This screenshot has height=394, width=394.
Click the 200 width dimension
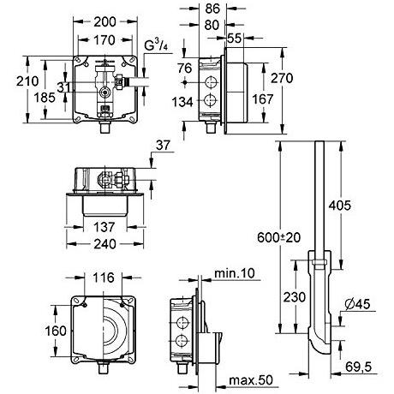[104, 22]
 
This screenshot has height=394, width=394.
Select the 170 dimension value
[104, 40]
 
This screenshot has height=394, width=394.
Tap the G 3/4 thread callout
[156, 45]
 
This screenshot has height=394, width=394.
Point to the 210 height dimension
[27, 81]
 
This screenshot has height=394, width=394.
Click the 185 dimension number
[45, 98]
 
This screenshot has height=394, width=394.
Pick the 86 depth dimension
[212, 9]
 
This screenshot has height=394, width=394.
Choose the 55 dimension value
[235, 39]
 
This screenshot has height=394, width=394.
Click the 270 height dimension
[282, 78]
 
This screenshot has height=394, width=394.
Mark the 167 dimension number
[263, 99]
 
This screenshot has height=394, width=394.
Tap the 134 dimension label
[182, 102]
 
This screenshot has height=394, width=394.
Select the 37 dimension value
[163, 146]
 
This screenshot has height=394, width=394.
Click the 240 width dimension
[104, 244]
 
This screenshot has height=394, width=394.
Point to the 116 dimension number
[104, 278]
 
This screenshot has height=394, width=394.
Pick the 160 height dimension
[56, 331]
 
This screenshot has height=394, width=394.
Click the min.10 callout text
[235, 273]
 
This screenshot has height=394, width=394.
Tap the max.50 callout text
[251, 380]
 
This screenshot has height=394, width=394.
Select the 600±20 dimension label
[279, 237]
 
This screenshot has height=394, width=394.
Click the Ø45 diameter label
[357, 304]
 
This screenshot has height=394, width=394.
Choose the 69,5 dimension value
[359, 367]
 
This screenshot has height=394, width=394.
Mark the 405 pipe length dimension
[340, 206]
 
